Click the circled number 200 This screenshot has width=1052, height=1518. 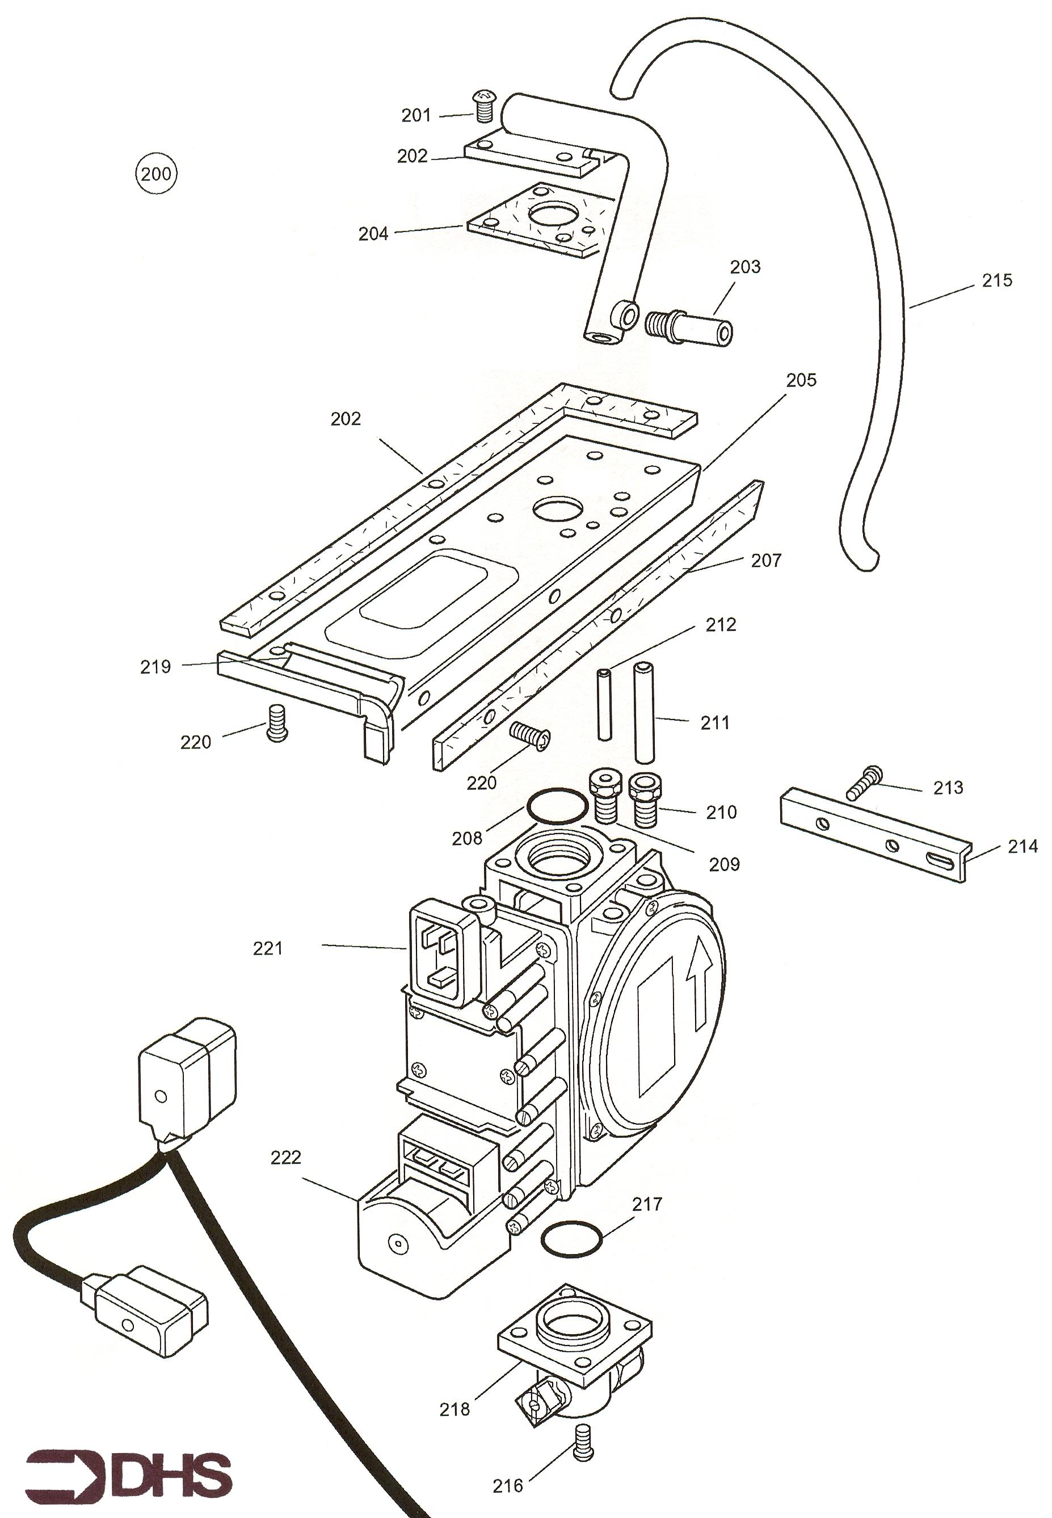(x=156, y=174)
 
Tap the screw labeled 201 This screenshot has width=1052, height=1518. (x=485, y=107)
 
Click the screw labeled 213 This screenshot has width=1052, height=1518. (x=865, y=782)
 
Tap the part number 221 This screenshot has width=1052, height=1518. (x=268, y=949)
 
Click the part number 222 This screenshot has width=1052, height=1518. (x=285, y=1158)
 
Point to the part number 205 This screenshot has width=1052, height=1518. (x=801, y=380)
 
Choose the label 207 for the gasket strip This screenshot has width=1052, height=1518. (x=767, y=561)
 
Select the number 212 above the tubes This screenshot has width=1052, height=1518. (x=721, y=625)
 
